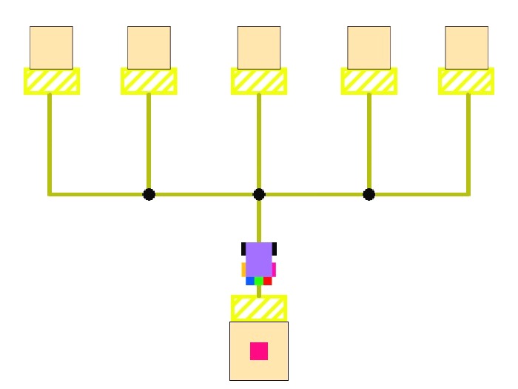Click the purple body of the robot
pos(259,259)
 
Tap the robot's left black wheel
pos(243,248)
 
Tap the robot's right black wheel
pos(275,248)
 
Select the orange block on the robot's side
pos(243,270)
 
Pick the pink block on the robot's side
pos(274,270)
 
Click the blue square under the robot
pos(250,281)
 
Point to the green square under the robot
pos(259,281)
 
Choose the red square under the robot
pos(268,281)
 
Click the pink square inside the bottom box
pos(259,350)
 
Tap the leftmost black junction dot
pos(149,194)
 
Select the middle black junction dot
pos(259,194)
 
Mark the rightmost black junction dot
pos(369,194)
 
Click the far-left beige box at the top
pos(51,47)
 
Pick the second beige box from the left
pos(149,47)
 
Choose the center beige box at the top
pos(259,47)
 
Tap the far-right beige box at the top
pos(467,47)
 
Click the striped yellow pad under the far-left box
pos(52,81)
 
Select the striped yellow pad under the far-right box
pos(466,81)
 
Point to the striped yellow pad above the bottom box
pos(259,307)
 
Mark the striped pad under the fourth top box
pos(369,81)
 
